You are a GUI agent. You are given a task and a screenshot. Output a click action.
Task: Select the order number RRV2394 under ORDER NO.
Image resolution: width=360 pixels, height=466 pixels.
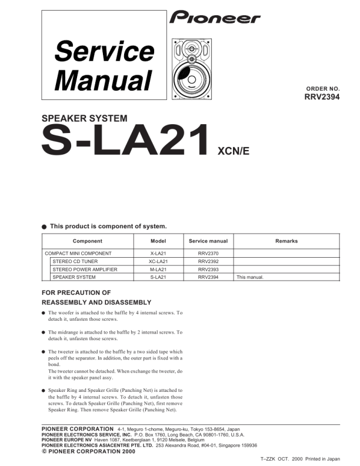tap(322, 98)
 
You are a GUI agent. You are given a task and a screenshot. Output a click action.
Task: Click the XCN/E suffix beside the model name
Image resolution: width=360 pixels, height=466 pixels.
tap(234, 151)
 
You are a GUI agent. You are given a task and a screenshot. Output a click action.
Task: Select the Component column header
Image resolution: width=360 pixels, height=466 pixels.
tap(87, 241)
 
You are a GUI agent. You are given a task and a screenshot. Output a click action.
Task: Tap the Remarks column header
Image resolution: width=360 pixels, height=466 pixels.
tap(286, 241)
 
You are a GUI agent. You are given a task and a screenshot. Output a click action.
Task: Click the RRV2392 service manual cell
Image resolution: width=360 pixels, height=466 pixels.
tap(208, 261)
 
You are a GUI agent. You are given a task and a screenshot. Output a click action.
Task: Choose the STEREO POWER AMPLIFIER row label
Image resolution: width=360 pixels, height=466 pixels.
tap(85, 269)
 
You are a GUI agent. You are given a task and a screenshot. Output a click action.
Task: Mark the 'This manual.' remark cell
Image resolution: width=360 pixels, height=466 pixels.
tap(251, 277)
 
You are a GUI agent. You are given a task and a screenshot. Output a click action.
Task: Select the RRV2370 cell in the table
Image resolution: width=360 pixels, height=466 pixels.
tap(208, 253)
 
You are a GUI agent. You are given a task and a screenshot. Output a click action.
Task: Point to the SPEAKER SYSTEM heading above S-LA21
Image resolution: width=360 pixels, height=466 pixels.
tap(84, 118)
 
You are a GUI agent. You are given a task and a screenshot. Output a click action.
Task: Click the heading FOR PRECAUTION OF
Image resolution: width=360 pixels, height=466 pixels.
tap(76, 292)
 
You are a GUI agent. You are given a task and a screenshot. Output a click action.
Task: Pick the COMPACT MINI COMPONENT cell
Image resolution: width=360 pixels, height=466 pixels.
tap(78, 253)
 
